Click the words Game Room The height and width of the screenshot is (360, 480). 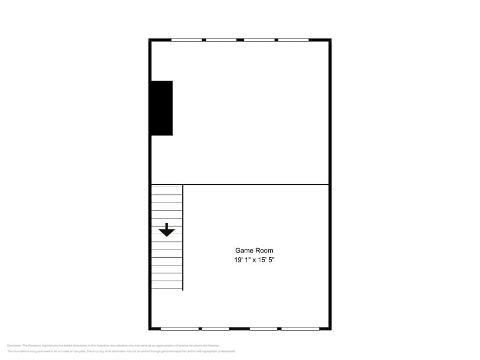tap(254, 250)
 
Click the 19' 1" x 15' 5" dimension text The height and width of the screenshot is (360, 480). tap(254, 260)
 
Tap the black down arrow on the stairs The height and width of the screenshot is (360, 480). tap(167, 230)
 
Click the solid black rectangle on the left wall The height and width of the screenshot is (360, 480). tap(162, 108)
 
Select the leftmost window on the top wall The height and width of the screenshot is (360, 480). tap(187, 40)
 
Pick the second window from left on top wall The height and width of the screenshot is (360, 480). tap(221, 40)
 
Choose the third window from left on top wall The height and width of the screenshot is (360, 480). tap(259, 40)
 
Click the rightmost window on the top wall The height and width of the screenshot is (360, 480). tap(293, 40)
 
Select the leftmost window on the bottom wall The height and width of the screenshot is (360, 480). tap(180, 329)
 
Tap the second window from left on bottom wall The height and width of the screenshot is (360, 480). tap(216, 329)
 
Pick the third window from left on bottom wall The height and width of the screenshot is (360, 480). tap(264, 329)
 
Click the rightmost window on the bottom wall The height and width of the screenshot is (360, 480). tap(300, 329)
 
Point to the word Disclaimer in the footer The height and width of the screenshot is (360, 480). tap(14, 346)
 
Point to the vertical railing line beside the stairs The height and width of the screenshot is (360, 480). tap(183, 238)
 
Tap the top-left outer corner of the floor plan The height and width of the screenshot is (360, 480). tap(150, 39)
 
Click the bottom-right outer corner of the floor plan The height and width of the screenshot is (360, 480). tap(330, 329)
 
